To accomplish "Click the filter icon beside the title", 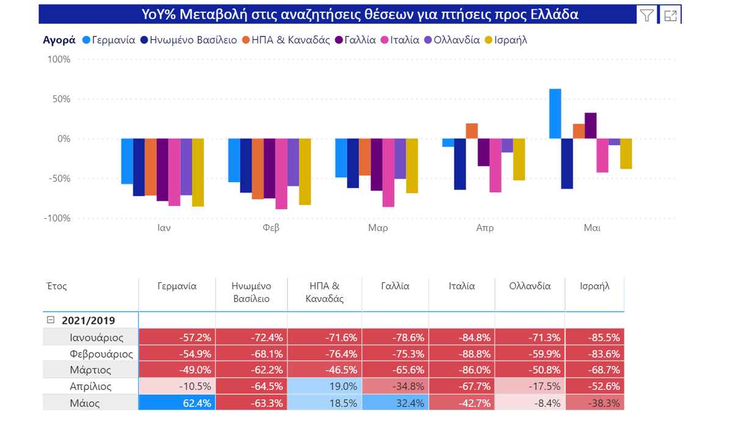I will coord(646,15).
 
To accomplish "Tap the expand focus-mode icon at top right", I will coord(671,15).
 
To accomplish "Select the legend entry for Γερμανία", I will coord(108,40).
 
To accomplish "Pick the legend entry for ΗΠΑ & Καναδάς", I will coord(282,40).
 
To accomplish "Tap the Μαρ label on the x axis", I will coord(377,228).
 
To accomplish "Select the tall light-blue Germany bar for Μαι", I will coord(555,114).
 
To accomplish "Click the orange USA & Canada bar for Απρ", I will coord(472,131).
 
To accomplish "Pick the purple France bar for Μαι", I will coord(590,126).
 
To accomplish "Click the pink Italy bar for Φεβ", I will coord(281,174).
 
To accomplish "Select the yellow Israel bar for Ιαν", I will coord(198,172).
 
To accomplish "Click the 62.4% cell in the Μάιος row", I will coord(177,403).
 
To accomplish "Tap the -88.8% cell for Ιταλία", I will coord(462,353).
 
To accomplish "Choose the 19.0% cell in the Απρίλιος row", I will coord(324,386).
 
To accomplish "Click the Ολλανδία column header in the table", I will coord(530,285).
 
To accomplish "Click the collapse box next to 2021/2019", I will coord(51,320).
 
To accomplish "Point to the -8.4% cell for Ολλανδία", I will coord(530,403).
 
